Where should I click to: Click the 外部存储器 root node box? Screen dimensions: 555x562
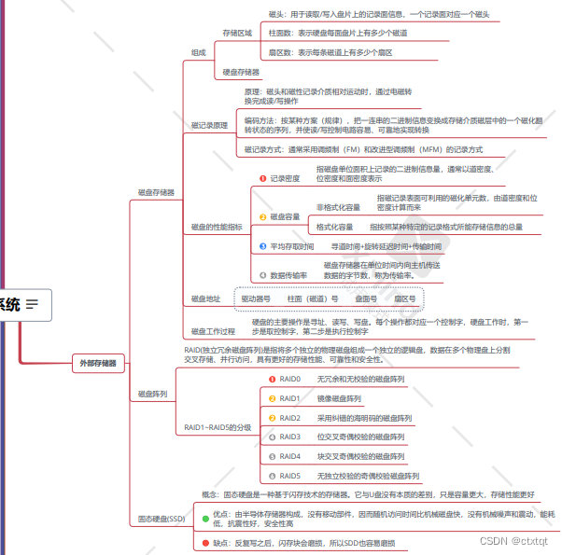point(97,364)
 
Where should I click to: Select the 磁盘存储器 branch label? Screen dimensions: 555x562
point(155,193)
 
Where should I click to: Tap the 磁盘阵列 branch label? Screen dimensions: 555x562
point(152,395)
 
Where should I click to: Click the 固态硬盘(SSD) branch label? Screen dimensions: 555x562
point(162,518)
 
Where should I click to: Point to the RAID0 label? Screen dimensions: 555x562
point(290,380)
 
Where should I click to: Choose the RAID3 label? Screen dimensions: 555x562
point(290,437)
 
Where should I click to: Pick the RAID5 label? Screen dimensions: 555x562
point(290,476)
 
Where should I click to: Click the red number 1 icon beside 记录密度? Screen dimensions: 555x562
point(263,178)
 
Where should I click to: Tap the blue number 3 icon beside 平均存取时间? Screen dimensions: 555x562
point(263,246)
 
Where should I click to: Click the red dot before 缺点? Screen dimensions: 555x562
point(205,542)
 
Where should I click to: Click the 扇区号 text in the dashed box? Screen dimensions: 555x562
point(405,299)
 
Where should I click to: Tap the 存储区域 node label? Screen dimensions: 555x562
point(237,33)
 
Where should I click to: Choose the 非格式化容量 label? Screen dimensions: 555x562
point(338,207)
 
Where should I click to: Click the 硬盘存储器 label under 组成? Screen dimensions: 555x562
point(241,72)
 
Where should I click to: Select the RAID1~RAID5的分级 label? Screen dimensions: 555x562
point(218,427)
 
